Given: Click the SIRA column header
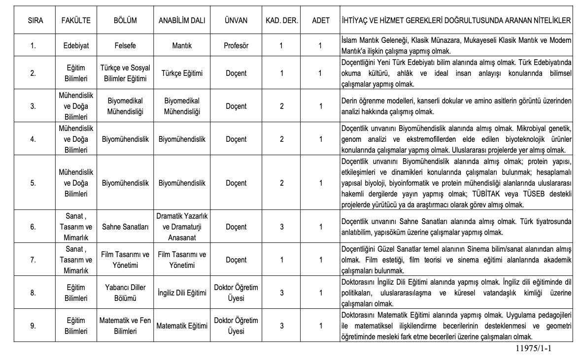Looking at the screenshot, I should click(x=33, y=21).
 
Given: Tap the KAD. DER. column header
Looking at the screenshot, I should click(x=281, y=21).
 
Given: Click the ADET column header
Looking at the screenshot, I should click(x=320, y=21).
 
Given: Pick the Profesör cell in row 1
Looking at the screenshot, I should click(x=236, y=46).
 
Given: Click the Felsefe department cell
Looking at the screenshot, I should click(x=125, y=46).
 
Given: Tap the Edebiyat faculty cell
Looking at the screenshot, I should click(x=76, y=46).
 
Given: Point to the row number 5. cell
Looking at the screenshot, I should click(x=33, y=183).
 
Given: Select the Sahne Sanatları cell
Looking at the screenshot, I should click(x=125, y=227).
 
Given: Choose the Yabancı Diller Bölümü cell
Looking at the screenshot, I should click(x=125, y=293).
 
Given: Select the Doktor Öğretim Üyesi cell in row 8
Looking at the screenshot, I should click(x=236, y=293).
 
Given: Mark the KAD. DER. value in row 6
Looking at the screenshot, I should click(x=281, y=227).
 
